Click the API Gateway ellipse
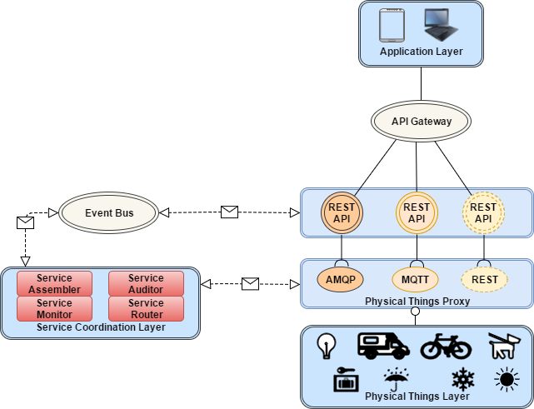pos(421,122)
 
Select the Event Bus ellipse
pos(108,213)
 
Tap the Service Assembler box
pos(54,284)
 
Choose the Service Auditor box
pos(146,284)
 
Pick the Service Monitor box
pos(54,309)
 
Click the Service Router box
pos(146,309)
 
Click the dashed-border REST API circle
pos(483,213)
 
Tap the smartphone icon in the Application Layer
pos(392,26)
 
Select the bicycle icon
pos(446,346)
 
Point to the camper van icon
pos(382,346)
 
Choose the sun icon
pos(505,380)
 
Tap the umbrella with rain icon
pos(395,379)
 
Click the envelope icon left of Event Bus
pos(26,222)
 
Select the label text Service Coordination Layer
pos(101,327)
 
